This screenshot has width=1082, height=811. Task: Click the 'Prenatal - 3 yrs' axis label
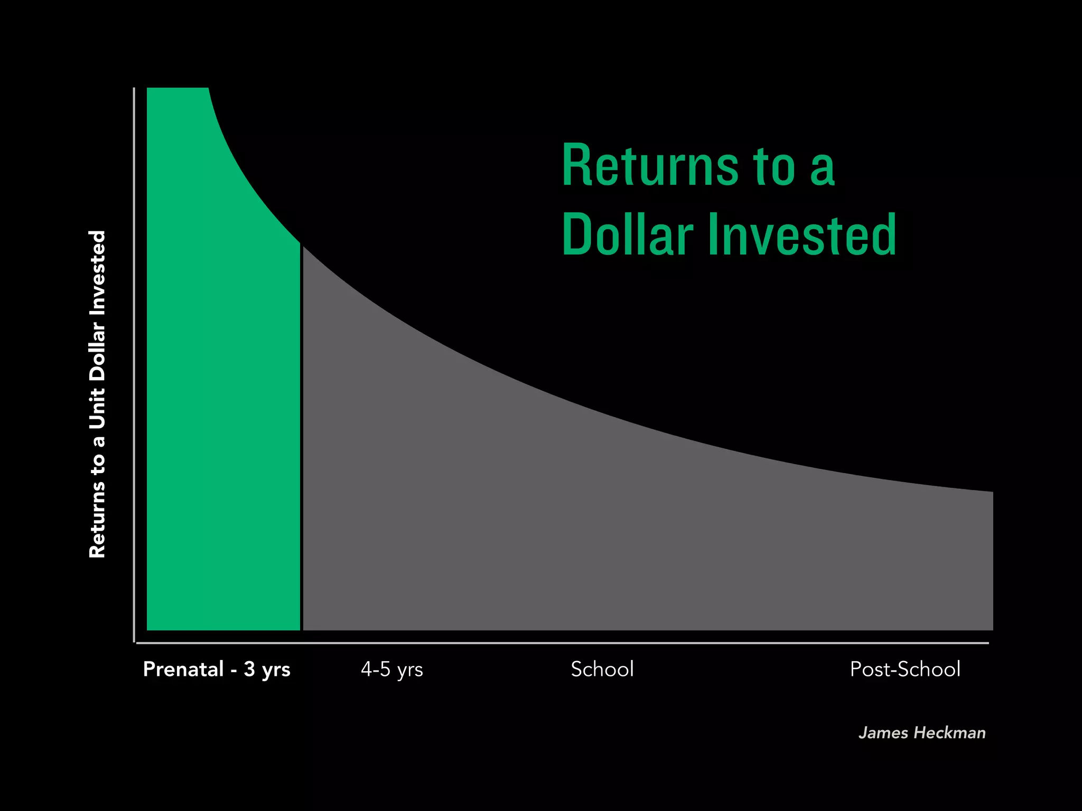pyautogui.click(x=217, y=669)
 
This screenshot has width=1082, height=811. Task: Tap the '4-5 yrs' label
pyautogui.click(x=391, y=669)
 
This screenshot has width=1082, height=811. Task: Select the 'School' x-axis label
pyautogui.click(x=602, y=669)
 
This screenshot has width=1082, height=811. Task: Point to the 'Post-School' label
pyautogui.click(x=904, y=669)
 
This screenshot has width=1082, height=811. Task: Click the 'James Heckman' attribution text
pyautogui.click(x=922, y=733)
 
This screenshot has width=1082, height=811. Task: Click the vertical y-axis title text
pyautogui.click(x=98, y=394)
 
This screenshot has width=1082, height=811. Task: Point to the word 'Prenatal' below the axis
pyautogui.click(x=183, y=669)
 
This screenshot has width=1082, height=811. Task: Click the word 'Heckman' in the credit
pyautogui.click(x=949, y=733)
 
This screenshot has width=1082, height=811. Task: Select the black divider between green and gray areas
pyautogui.click(x=302, y=438)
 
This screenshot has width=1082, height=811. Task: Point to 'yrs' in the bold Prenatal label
pyautogui.click(x=276, y=670)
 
